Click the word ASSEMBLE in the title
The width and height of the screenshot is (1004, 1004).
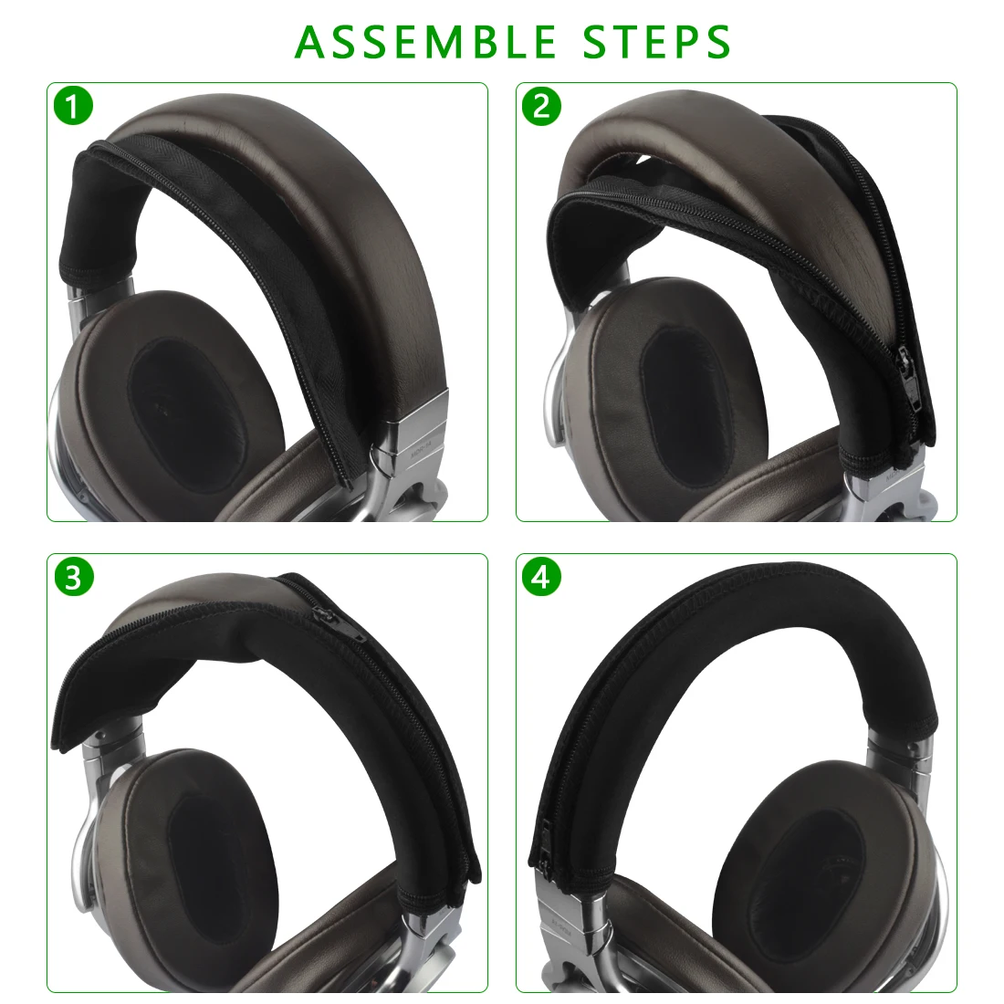pos(426,41)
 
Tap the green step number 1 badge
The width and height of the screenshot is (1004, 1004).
pos(74,107)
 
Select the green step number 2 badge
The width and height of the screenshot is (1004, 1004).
pos(542,107)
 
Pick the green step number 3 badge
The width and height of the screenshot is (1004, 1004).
pos(74,577)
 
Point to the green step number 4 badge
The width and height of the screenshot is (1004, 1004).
pos(542,577)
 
